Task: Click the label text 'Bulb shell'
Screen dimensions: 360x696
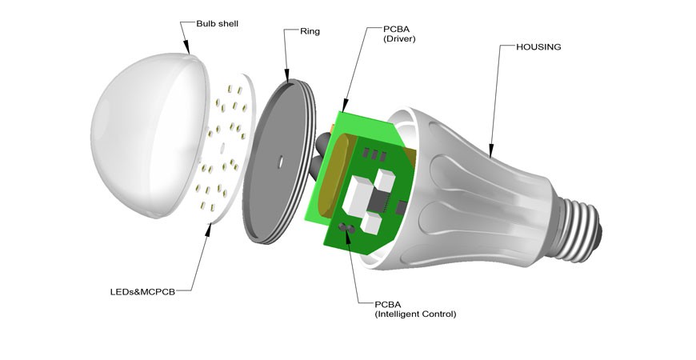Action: click(x=217, y=24)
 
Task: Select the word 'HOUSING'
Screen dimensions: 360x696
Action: click(x=539, y=47)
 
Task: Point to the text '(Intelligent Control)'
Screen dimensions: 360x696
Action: click(x=415, y=314)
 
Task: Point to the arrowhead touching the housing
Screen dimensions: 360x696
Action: click(x=491, y=148)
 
